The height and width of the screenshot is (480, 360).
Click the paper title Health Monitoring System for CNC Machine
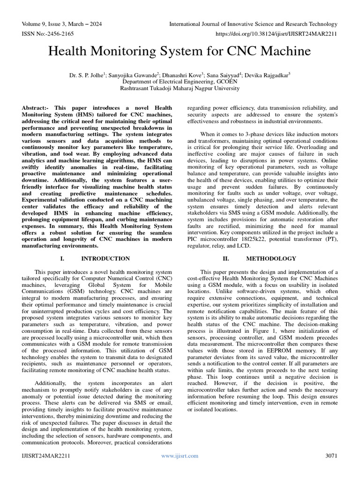click(180, 51)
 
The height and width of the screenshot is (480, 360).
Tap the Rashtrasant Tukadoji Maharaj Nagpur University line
click(180, 88)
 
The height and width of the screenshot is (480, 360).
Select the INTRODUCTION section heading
click(105, 258)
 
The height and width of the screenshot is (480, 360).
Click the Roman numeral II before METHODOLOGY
click(225, 258)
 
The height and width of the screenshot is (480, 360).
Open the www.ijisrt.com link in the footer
click(180, 456)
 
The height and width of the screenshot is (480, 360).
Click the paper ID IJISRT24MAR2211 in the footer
click(46, 456)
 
